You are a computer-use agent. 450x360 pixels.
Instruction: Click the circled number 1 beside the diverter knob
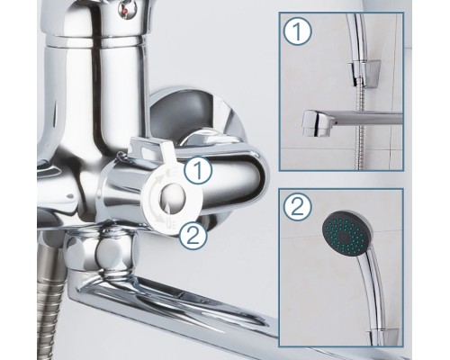[198, 170]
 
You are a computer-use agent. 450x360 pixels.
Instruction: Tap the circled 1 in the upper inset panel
[298, 31]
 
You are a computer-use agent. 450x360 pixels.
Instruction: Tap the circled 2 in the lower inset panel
[298, 207]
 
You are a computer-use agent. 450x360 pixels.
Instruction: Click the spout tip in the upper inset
[315, 123]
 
